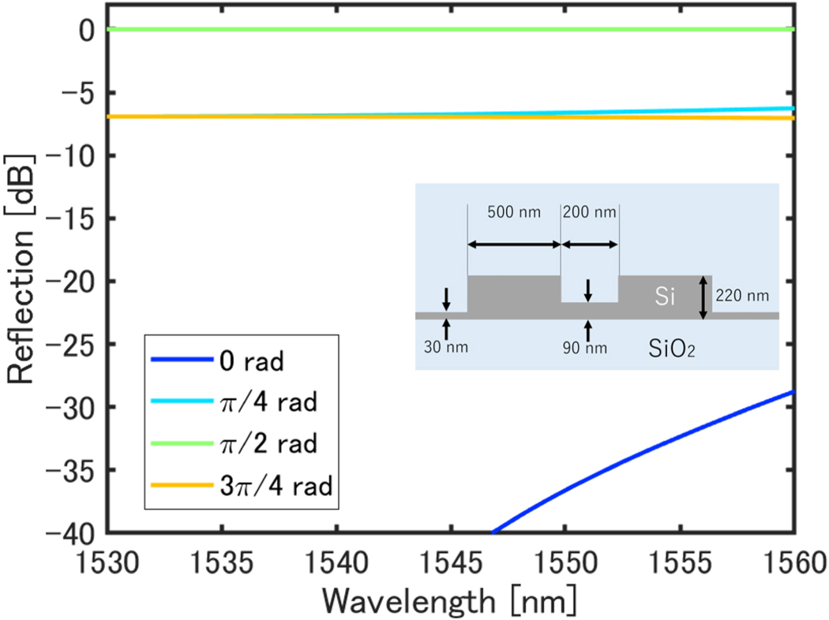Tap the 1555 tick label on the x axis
(x=679, y=564)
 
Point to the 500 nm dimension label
(x=515, y=213)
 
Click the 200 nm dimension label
(x=590, y=213)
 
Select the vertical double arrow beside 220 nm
(x=703, y=298)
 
